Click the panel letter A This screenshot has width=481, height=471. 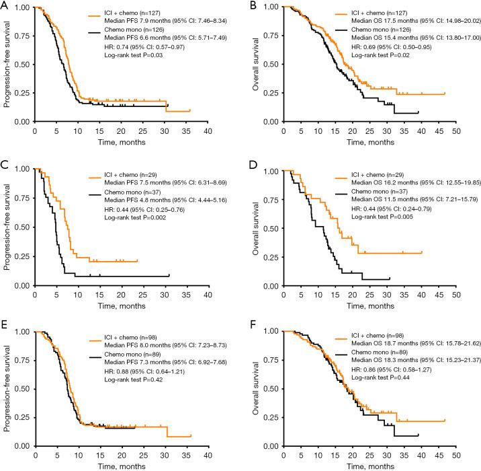[5, 5]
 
